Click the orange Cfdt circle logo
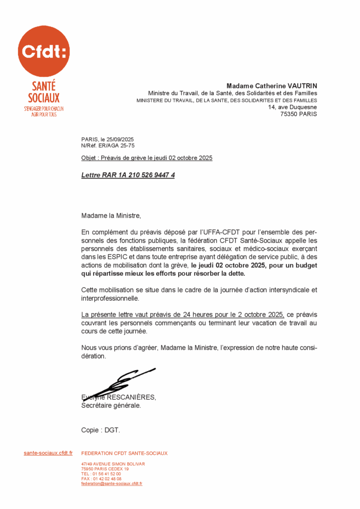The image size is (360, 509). click(44, 51)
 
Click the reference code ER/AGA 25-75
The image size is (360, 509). click(116, 146)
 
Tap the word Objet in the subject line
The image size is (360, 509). click(90, 158)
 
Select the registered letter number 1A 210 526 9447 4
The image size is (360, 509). click(145, 175)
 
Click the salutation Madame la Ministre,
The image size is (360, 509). click(111, 216)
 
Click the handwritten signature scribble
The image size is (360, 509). click(119, 382)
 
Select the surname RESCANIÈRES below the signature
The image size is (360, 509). click(131, 397)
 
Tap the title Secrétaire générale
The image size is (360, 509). click(111, 405)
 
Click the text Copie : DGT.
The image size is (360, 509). click(100, 430)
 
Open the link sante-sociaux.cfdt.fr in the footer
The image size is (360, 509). click(48, 453)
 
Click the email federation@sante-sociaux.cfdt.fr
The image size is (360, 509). click(112, 484)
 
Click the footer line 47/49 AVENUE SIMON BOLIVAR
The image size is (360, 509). click(113, 464)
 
